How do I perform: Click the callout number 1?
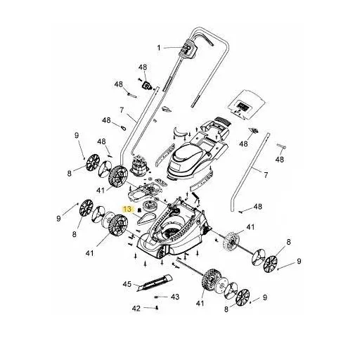click(159, 48)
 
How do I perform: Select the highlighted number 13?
click(128, 209)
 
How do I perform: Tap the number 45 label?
click(127, 284)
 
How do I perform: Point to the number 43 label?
click(175, 297)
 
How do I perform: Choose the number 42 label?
click(136, 309)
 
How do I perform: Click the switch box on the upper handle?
click(188, 49)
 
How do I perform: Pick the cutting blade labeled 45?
click(154, 283)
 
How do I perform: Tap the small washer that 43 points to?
click(156, 297)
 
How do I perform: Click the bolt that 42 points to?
click(157, 307)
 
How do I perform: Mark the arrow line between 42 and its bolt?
click(150, 308)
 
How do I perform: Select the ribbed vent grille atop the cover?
click(222, 121)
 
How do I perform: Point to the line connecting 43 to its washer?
click(164, 297)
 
